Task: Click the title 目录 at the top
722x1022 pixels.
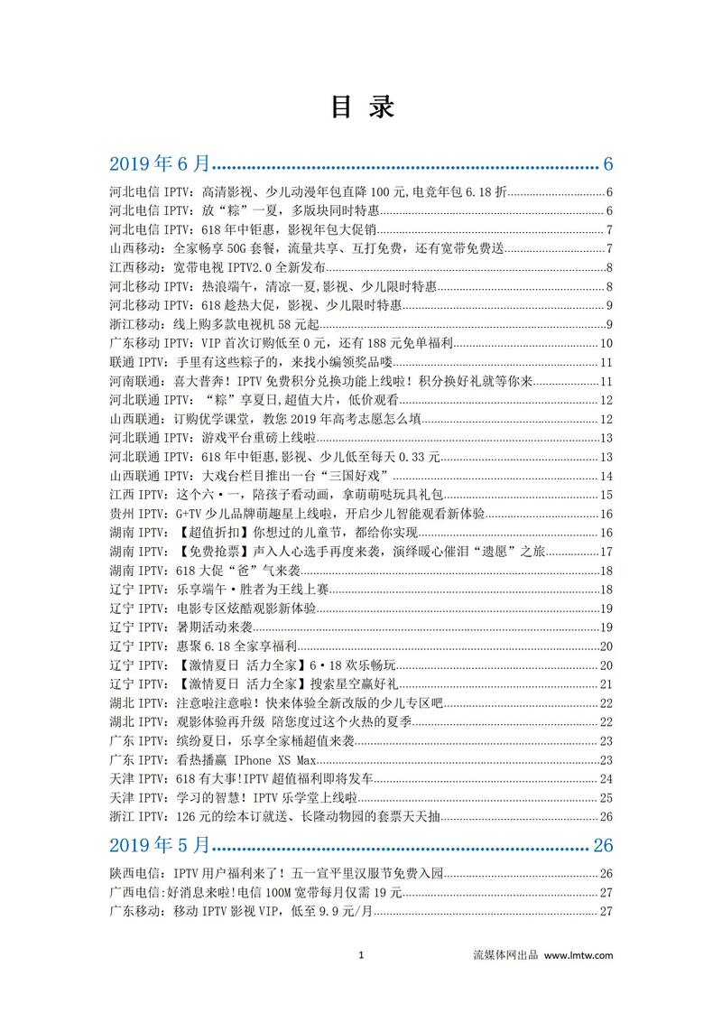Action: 361,107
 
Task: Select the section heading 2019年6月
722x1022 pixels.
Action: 160,163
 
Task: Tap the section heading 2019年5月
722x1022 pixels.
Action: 160,845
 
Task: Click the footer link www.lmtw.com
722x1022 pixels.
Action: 579,955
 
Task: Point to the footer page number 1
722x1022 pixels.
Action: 360,955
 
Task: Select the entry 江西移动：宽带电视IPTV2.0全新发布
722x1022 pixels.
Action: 217,267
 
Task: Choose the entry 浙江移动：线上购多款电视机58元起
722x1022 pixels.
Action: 217,324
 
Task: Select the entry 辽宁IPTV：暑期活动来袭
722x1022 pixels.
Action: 180,627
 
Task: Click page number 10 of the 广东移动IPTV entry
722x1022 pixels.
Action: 606,343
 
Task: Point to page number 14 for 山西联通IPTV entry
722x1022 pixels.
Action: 606,476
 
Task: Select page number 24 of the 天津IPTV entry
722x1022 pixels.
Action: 606,779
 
